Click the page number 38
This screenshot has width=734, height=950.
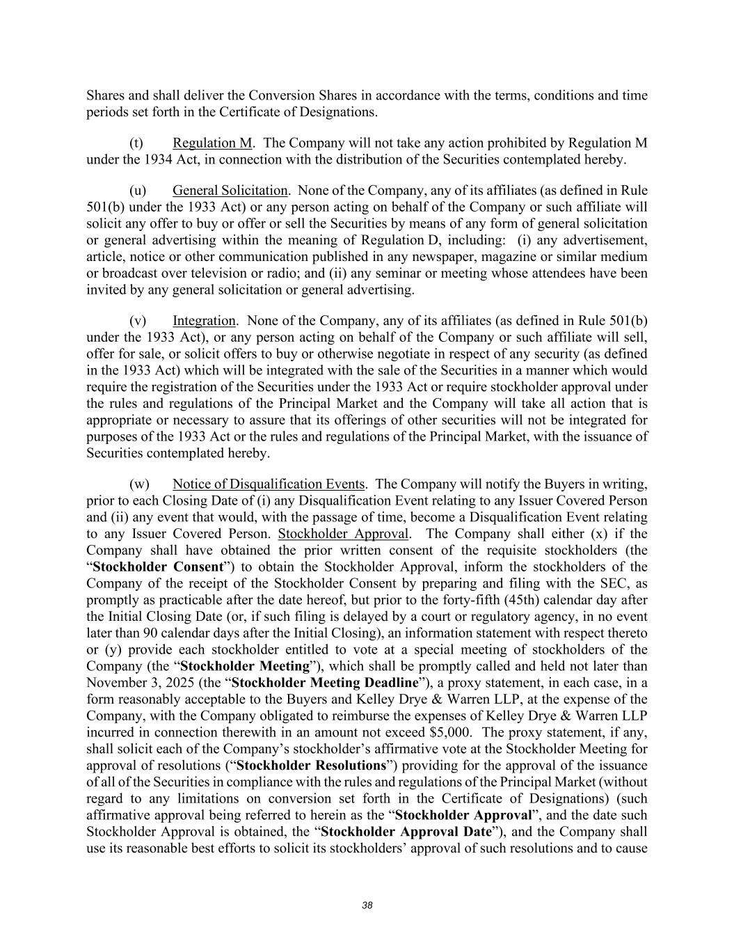pos(367,905)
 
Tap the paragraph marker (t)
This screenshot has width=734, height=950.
pos(137,143)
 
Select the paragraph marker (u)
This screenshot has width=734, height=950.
pos(138,191)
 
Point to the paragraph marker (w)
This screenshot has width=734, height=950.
pos(139,484)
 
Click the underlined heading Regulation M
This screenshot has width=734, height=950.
pos(212,143)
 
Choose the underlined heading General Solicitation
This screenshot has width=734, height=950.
pos(230,191)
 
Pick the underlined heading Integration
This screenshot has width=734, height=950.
pos(204,321)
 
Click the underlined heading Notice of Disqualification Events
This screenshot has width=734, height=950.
pos(269,484)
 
